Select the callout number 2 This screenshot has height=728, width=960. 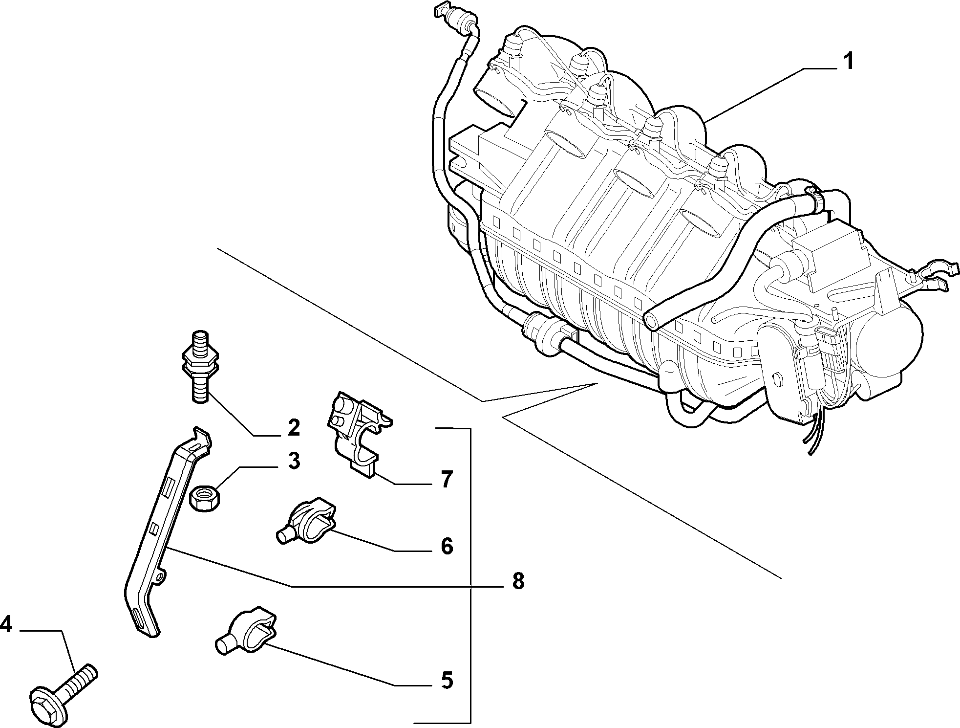coord(293,427)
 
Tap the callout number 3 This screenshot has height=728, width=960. coord(293,461)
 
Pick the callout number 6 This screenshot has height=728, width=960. coord(447,546)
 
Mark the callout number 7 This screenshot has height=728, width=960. coord(446,480)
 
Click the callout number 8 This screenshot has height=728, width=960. coord(517,582)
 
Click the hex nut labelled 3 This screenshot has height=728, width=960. coord(205,499)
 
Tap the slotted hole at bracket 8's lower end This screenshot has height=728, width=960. coord(141,619)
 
